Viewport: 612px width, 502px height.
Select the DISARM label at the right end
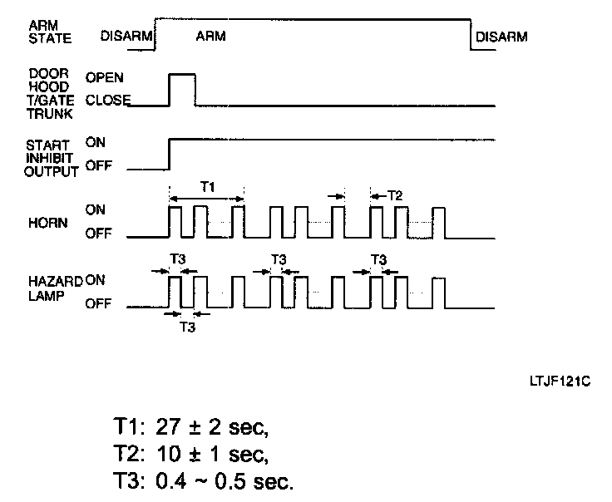click(x=501, y=37)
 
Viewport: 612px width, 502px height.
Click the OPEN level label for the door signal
click(x=105, y=77)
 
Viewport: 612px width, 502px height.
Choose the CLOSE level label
click(x=109, y=102)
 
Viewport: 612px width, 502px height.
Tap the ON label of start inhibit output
click(x=95, y=142)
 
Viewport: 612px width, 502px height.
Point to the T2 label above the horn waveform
click(x=394, y=195)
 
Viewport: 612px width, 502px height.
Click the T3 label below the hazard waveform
click(x=188, y=327)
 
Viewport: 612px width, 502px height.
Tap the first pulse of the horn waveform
click(x=175, y=222)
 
